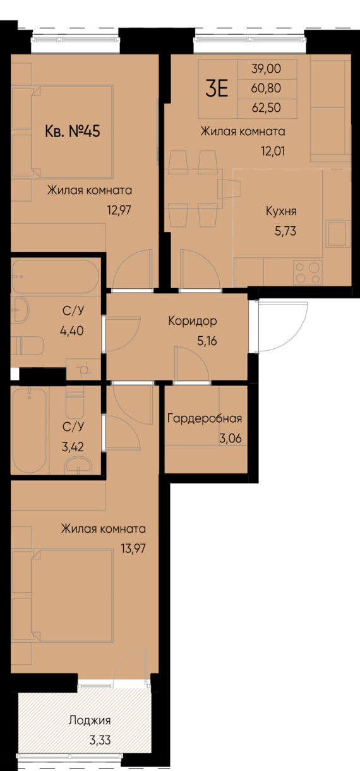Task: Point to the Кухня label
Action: click(281, 211)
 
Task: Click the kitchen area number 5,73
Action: click(284, 231)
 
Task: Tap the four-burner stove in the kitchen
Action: click(307, 272)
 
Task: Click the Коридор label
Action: click(193, 321)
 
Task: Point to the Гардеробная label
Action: click(204, 418)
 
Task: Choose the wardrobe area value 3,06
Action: click(231, 437)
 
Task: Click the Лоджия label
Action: click(89, 720)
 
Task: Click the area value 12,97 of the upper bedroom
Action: click(119, 208)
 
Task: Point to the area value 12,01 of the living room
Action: click(272, 152)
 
